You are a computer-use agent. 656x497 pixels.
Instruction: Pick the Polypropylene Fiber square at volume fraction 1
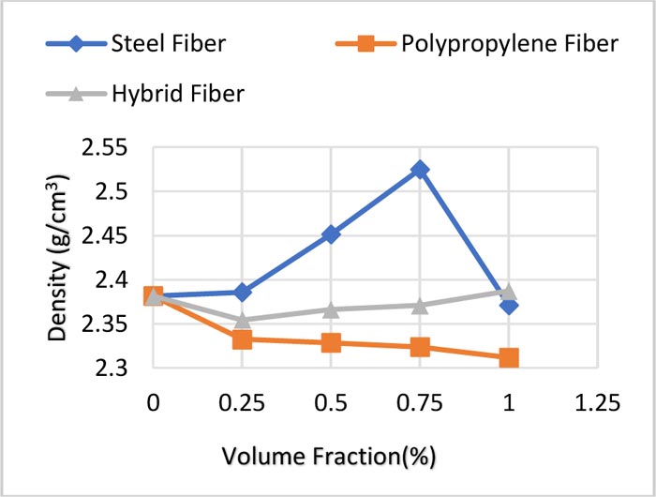pos(509,358)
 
